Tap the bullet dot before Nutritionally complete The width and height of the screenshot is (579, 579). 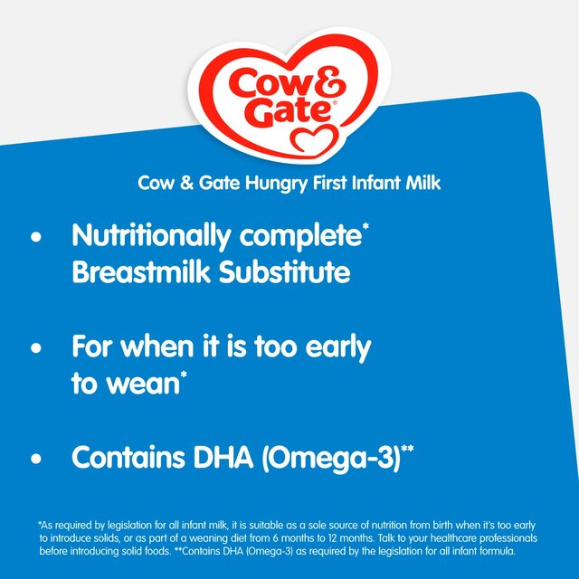pos(36,240)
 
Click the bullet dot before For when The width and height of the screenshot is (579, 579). pos(36,348)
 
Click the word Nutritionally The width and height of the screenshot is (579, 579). pos(149,238)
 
